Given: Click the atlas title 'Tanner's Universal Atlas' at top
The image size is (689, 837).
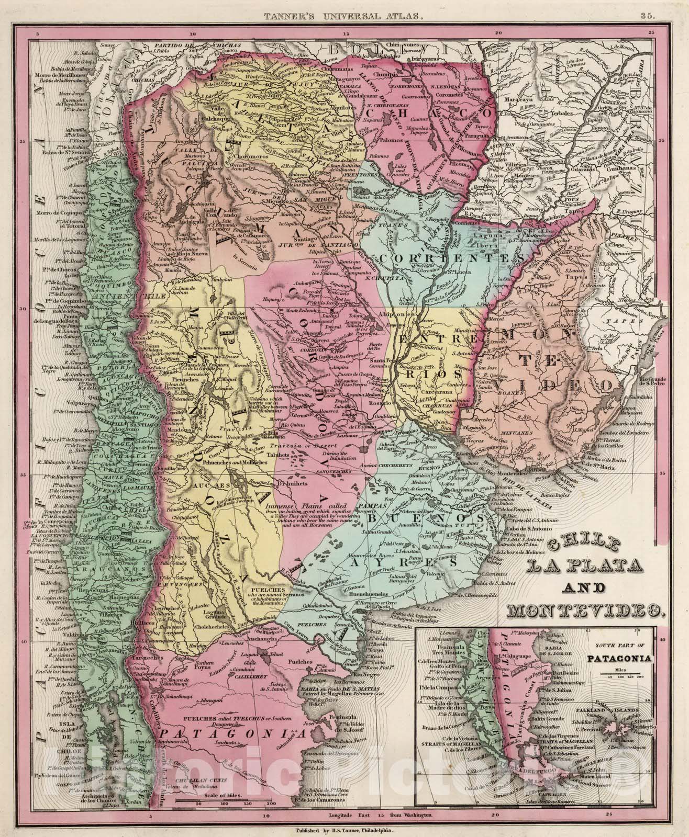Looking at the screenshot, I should coord(344,16).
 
